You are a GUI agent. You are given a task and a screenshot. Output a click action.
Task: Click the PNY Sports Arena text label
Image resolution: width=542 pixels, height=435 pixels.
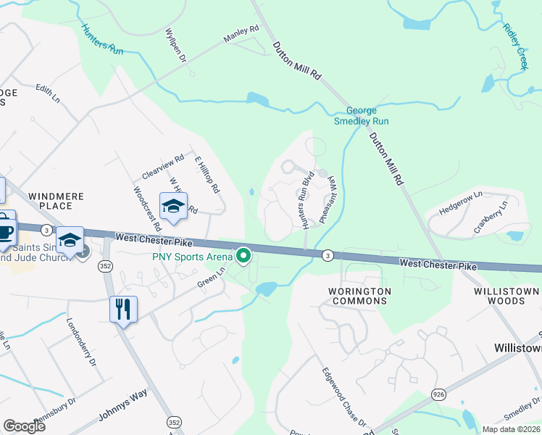191,256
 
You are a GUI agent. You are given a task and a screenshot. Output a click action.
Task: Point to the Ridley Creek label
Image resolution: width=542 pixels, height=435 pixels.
513,46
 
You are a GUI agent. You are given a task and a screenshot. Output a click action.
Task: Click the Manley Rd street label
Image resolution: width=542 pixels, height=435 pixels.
241,34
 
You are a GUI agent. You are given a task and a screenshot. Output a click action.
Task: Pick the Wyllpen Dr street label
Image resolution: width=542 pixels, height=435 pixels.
175,46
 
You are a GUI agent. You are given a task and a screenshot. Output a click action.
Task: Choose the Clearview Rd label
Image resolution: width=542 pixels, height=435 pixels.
164,167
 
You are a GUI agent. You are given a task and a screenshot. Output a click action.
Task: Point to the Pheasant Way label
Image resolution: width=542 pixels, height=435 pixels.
327,199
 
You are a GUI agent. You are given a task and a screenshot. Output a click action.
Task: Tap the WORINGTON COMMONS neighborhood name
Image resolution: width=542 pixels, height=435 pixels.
359,296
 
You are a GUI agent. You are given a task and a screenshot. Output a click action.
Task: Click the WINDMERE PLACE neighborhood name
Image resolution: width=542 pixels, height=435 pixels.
57,202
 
